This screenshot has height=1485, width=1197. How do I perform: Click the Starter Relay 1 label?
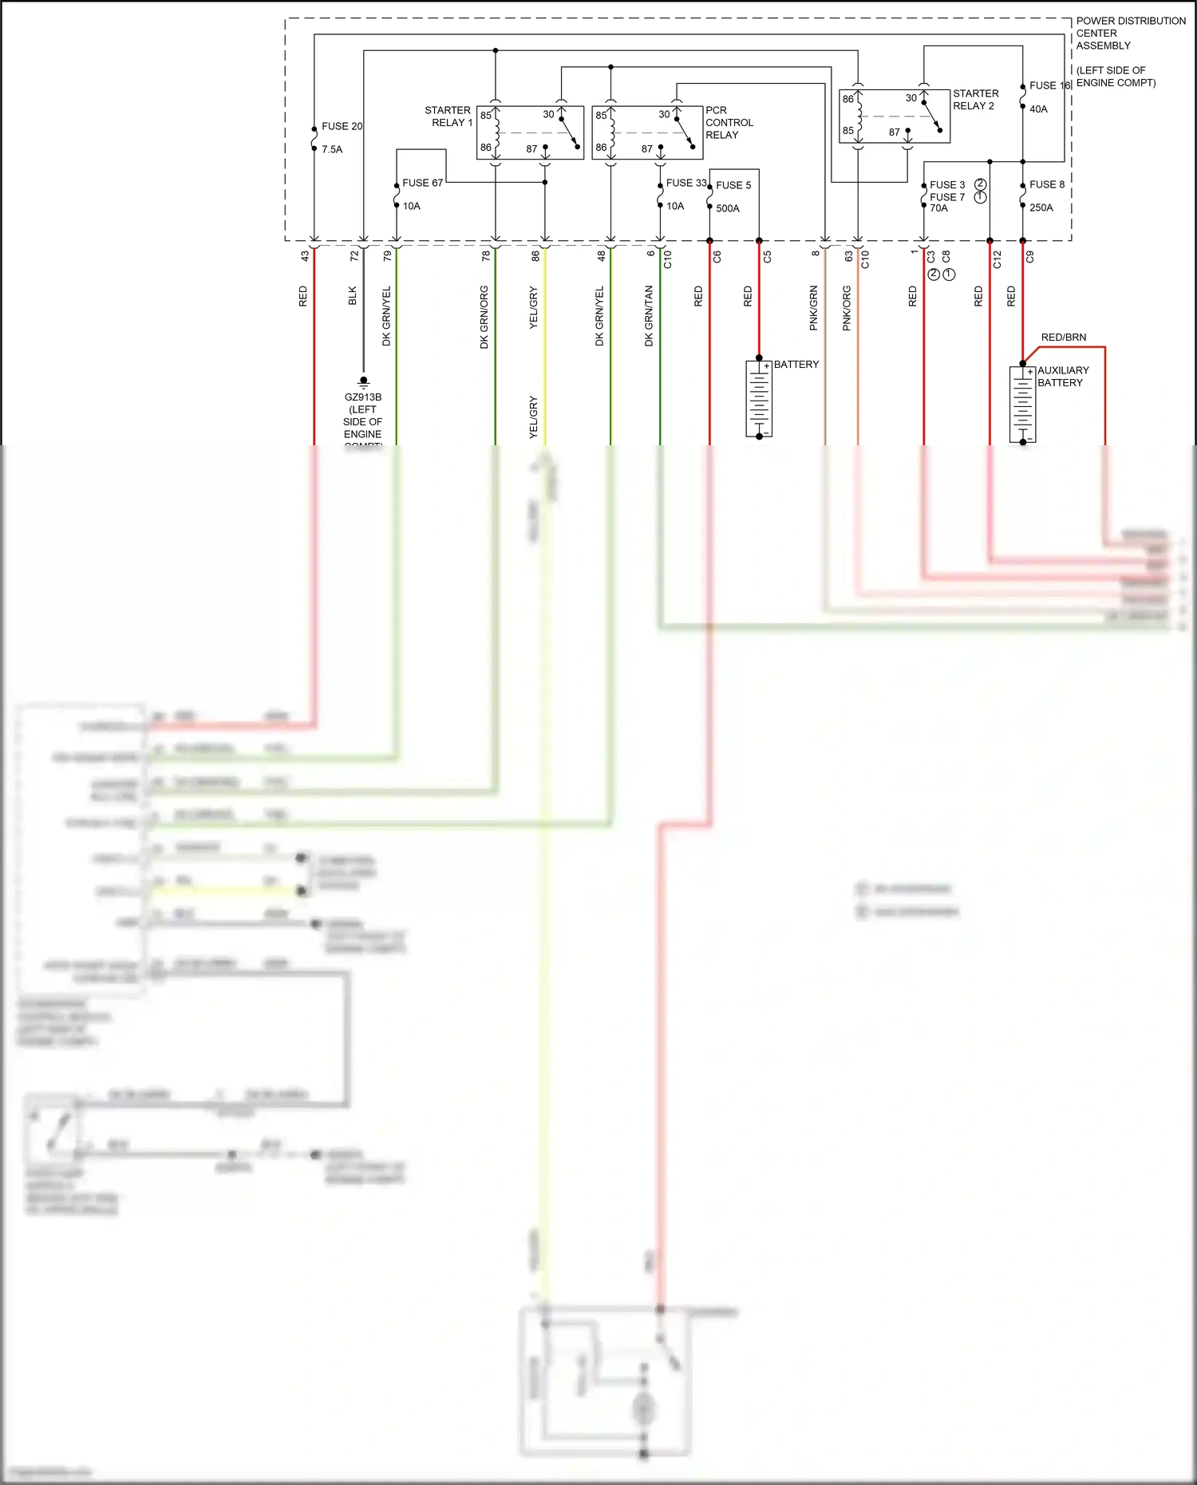coord(449,117)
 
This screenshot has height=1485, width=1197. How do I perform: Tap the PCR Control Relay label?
coord(728,122)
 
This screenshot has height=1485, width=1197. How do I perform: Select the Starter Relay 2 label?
coord(975,100)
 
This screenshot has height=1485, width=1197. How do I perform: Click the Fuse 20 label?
coord(342,126)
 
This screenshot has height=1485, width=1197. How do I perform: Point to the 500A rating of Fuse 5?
coord(727,208)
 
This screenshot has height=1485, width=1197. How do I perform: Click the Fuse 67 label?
coord(422,183)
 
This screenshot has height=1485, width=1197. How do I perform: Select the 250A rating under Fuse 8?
coord(1041,207)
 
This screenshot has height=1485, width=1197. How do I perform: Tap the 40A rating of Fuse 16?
coord(1038,109)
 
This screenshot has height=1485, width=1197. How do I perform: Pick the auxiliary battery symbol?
coord(1022,405)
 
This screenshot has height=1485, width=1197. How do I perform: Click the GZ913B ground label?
coord(363,397)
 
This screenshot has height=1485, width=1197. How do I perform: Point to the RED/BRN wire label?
coord(1063,338)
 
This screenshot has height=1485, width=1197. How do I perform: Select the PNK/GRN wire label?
coord(814,308)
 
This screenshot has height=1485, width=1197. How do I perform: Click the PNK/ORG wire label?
coord(847,308)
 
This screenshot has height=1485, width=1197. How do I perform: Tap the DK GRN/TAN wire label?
coord(649,316)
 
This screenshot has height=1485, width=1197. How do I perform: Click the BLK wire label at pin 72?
coord(353,296)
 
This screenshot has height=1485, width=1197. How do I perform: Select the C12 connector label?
coord(997,259)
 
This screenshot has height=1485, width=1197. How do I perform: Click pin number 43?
coord(304,256)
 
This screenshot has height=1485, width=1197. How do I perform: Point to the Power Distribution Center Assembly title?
coord(1130,33)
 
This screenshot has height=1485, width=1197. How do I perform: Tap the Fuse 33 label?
coord(686,183)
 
